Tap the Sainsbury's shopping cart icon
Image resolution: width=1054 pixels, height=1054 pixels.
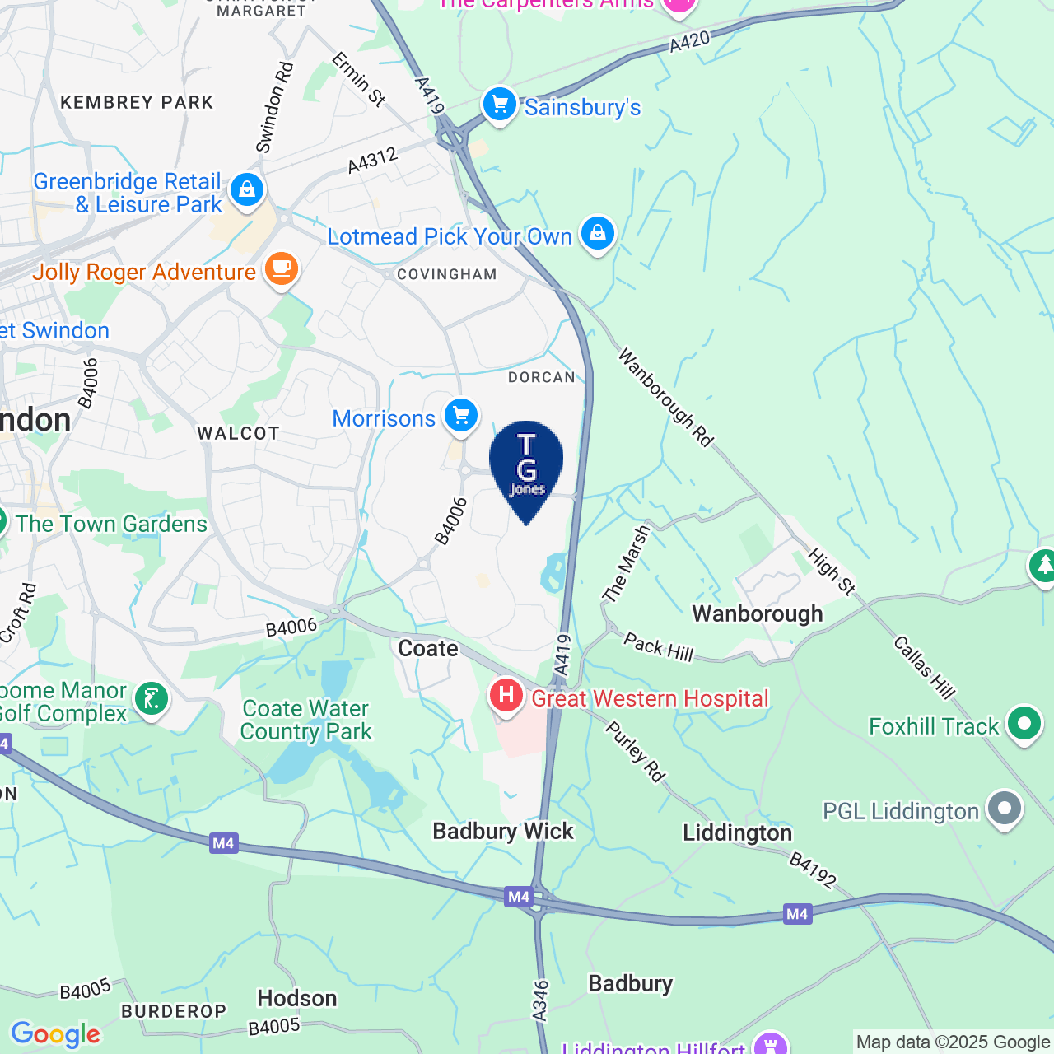coord(499,105)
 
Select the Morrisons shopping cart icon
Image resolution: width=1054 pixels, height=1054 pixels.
coord(461,416)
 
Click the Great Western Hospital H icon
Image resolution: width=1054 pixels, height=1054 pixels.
coord(506,697)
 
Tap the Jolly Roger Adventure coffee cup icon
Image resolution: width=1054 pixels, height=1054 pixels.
coord(281,269)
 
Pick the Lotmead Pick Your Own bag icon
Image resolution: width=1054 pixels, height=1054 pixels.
coord(598,235)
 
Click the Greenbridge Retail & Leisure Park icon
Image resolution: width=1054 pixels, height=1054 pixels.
coord(247,190)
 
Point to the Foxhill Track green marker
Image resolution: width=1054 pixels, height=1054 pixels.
coord(1024,725)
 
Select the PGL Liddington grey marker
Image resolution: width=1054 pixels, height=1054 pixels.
coord(1004,809)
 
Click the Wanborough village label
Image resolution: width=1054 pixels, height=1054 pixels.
coord(757,614)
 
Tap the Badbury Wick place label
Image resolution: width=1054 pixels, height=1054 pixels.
coord(503,832)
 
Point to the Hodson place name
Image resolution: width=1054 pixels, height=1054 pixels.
coord(297,999)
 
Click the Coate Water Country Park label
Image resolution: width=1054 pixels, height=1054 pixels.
coord(306,721)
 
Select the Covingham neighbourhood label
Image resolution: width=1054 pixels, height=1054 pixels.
coord(447,275)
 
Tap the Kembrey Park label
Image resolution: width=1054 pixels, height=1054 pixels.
coord(138,103)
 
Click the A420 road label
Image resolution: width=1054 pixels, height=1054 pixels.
coord(689,42)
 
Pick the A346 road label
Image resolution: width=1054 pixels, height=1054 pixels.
coord(540,1000)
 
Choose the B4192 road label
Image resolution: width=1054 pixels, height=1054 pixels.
coord(813,870)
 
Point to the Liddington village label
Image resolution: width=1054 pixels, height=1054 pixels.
coord(737,833)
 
